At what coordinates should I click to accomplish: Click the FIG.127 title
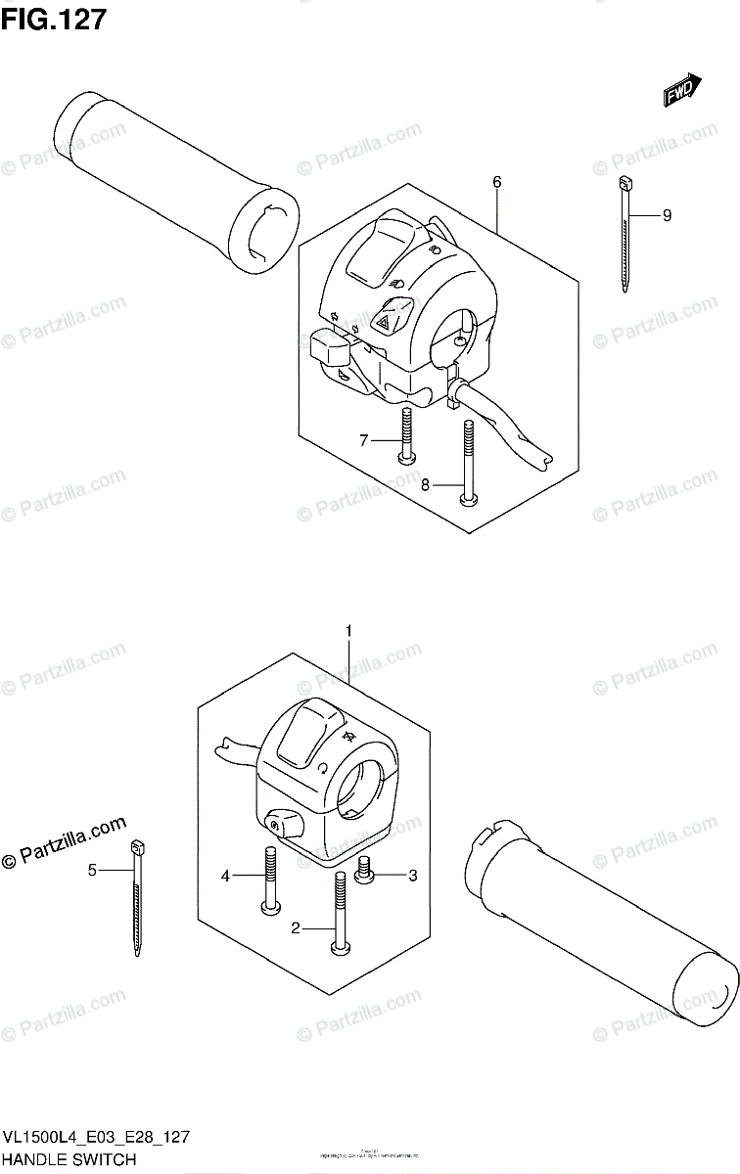pyautogui.click(x=54, y=21)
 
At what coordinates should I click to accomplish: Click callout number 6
pyautogui.click(x=497, y=182)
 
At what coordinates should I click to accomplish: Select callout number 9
pyautogui.click(x=667, y=216)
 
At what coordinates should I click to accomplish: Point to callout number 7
pyautogui.click(x=363, y=441)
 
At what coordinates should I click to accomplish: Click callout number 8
pyautogui.click(x=425, y=483)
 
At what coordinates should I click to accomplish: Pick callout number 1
pyautogui.click(x=347, y=633)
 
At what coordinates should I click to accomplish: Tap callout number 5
pyautogui.click(x=92, y=869)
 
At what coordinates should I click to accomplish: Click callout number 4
pyautogui.click(x=224, y=877)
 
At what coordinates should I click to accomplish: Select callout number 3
pyautogui.click(x=412, y=876)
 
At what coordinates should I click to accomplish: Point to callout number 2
pyautogui.click(x=295, y=928)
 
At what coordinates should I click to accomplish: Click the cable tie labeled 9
pyautogui.click(x=624, y=235)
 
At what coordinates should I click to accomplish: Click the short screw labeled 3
pyautogui.click(x=365, y=870)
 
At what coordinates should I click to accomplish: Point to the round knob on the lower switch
pyautogui.click(x=281, y=821)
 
